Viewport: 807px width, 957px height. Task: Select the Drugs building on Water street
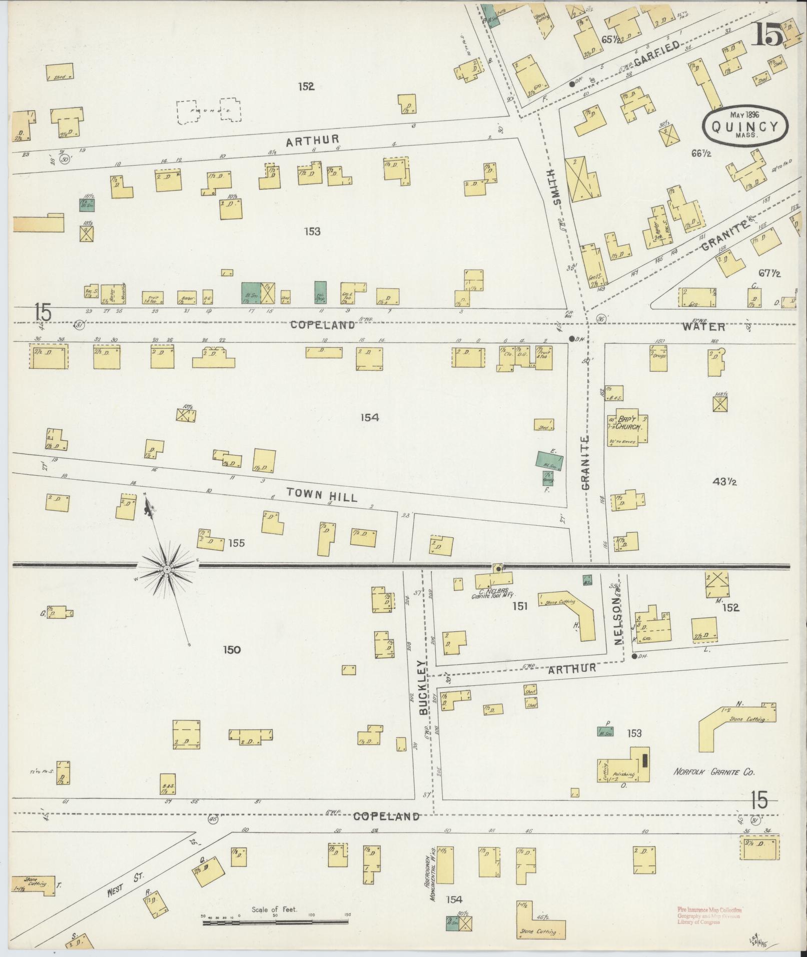pos(658,357)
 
